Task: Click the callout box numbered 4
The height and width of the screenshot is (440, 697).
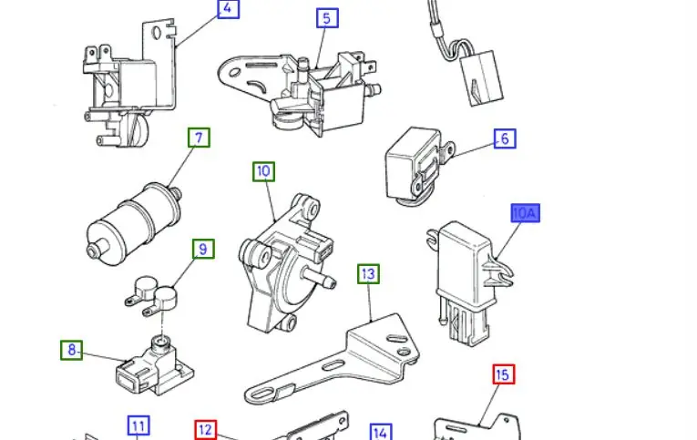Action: (x=228, y=8)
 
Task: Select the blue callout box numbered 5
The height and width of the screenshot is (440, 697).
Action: (x=327, y=18)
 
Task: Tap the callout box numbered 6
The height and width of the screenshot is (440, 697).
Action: (x=505, y=138)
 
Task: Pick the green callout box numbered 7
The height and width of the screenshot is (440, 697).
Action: (x=199, y=138)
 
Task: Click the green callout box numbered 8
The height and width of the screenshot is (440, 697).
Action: (x=71, y=350)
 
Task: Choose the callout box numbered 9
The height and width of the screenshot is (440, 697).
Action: (x=203, y=249)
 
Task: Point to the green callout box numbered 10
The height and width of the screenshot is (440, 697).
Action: (x=263, y=171)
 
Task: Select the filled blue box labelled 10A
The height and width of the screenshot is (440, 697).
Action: (x=526, y=213)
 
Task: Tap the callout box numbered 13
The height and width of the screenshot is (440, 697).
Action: (x=368, y=274)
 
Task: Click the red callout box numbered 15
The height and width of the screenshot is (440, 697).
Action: (x=504, y=374)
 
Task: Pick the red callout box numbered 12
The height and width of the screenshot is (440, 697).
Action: (x=205, y=430)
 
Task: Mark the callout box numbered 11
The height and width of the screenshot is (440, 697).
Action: (x=138, y=426)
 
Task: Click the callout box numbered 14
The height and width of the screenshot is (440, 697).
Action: (x=381, y=432)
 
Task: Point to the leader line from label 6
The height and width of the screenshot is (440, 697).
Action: (x=474, y=149)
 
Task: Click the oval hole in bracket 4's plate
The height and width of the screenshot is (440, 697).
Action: (x=157, y=33)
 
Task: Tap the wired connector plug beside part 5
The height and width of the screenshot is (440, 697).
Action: (x=481, y=78)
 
